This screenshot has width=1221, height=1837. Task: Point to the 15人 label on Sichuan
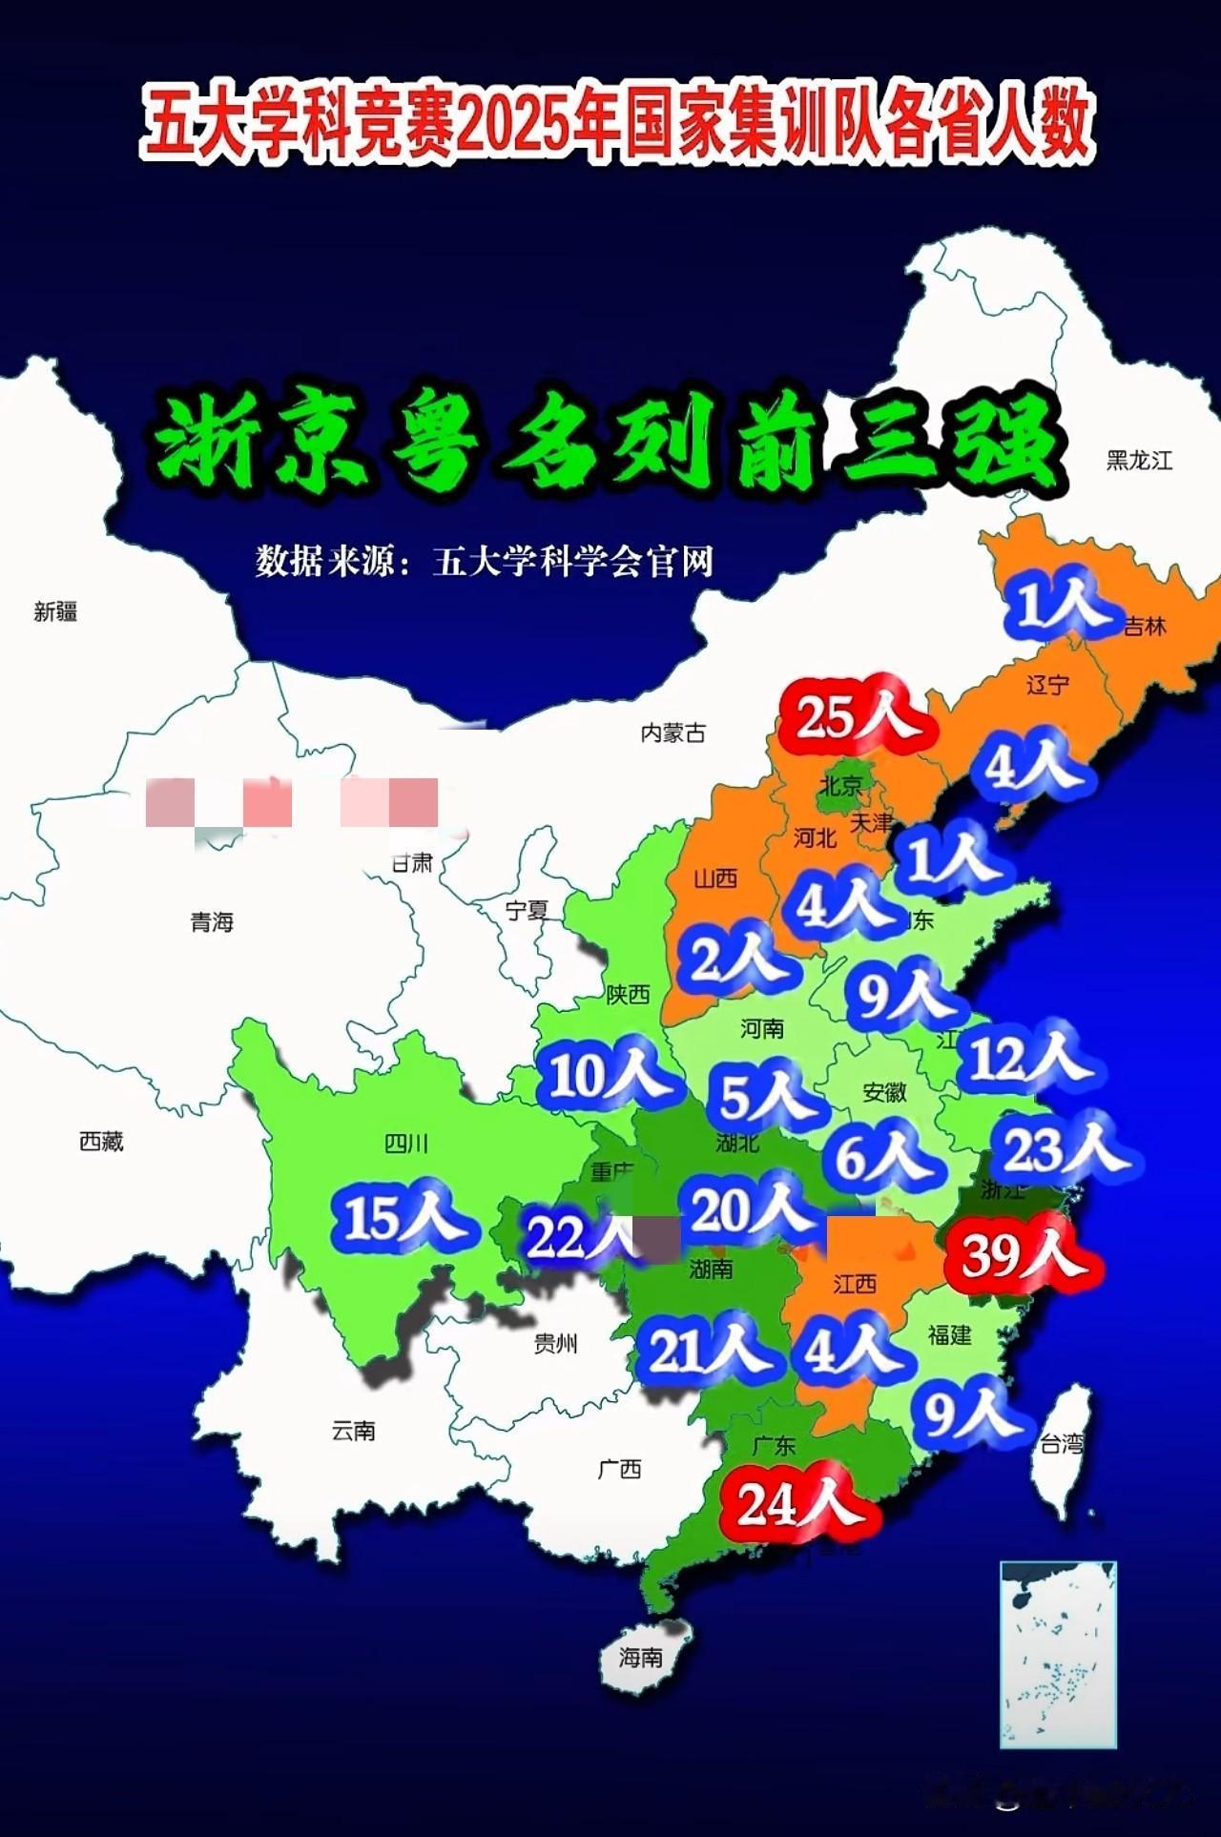[402, 1219]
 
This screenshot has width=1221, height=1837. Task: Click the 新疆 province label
[55, 612]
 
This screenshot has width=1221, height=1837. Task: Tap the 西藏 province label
[101, 1141]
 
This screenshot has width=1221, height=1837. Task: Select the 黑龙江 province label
[1139, 461]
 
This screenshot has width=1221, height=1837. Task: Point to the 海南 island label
[640, 1658]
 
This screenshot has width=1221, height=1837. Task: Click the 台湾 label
[1061, 1445]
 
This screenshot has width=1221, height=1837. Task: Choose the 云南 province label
[353, 1431]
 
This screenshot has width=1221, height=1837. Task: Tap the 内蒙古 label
[673, 733]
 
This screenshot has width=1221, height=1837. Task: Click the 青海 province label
[212, 922]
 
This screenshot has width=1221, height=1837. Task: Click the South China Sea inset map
[1058, 1654]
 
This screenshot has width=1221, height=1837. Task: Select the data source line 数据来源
[485, 562]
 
